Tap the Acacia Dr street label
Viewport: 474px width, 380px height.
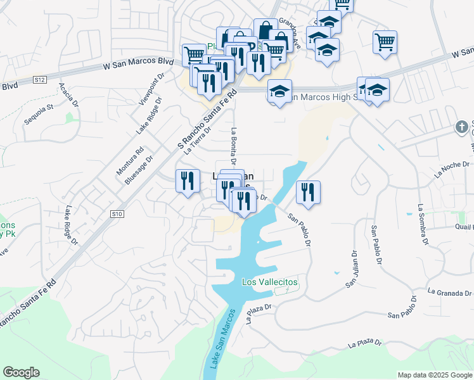click(68, 94)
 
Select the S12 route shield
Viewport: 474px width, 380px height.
click(40, 80)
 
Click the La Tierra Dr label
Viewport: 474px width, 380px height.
click(197, 141)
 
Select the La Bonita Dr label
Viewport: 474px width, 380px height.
click(234, 146)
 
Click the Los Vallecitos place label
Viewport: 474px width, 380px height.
click(270, 282)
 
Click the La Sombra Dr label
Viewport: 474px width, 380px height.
click(422, 224)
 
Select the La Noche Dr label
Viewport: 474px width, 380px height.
click(452, 168)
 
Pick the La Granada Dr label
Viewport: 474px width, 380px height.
click(450, 293)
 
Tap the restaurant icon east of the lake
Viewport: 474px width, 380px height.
click(308, 192)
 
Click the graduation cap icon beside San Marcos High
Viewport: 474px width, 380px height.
click(279, 91)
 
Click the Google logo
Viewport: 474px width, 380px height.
click(21, 372)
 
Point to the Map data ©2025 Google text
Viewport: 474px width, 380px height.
click(435, 375)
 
